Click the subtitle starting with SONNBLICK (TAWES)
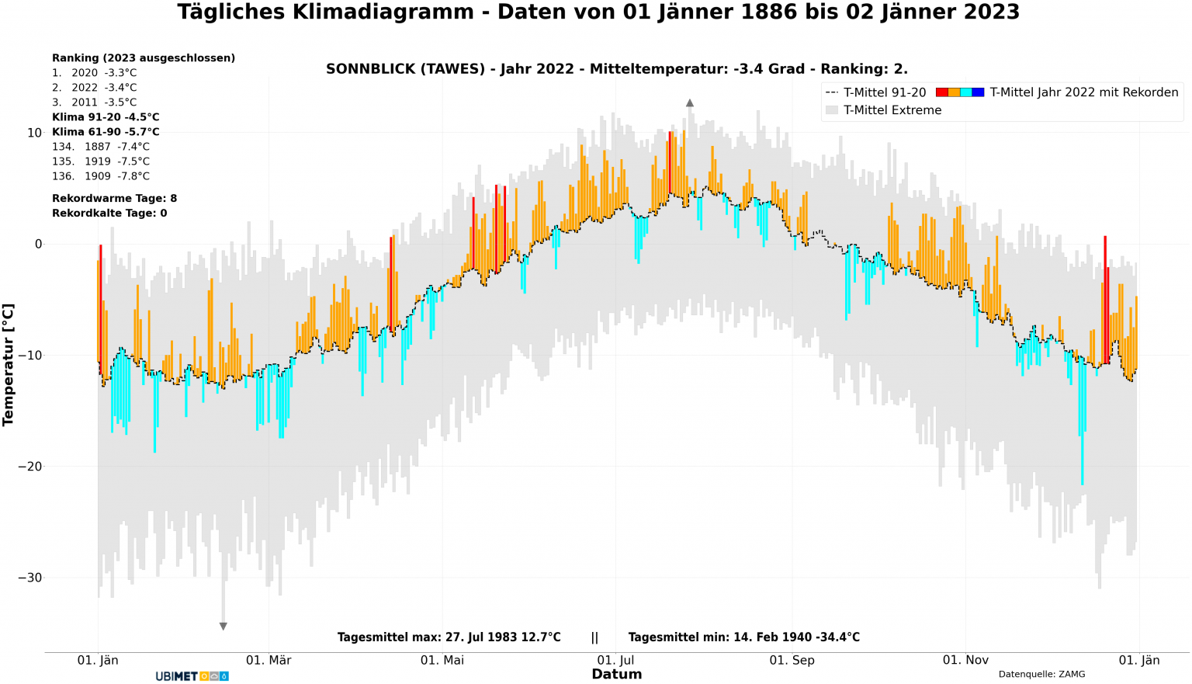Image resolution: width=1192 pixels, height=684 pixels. [x=616, y=69]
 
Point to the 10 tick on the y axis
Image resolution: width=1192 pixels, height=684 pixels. [x=34, y=133]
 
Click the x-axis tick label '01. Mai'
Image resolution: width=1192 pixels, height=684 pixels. [x=442, y=661]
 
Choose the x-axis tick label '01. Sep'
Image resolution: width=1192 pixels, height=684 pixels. [x=792, y=661]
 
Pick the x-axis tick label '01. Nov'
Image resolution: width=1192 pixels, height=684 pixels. [x=965, y=661]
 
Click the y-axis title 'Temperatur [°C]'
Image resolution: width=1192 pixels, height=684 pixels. [x=9, y=365]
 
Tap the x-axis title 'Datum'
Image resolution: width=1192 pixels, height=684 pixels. [x=616, y=675]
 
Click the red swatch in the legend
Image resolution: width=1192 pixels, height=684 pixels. [x=942, y=92]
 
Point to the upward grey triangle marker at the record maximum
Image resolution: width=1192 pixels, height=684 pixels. [x=689, y=103]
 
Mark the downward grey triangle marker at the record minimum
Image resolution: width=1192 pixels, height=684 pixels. [x=223, y=626]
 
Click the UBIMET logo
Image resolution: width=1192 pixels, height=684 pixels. [x=192, y=676]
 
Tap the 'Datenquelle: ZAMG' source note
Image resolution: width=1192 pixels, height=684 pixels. [x=1041, y=675]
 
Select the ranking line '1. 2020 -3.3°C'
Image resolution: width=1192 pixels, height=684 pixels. [x=94, y=73]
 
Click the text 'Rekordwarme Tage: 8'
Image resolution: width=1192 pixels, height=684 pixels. [x=114, y=199]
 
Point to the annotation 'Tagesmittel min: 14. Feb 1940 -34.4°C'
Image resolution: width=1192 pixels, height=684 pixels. [x=743, y=637]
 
